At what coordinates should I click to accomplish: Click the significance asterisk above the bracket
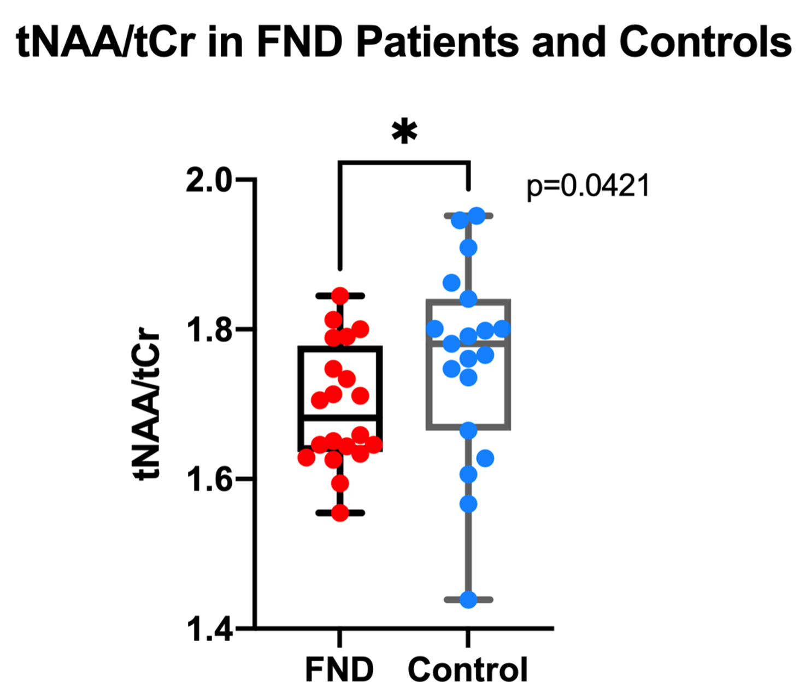(404, 133)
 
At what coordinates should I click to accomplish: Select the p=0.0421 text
(588, 186)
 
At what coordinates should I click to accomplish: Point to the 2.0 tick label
(209, 180)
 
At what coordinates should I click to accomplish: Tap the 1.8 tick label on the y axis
(209, 330)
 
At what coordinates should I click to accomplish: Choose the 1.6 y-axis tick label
(209, 479)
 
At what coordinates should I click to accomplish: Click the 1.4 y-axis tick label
(209, 629)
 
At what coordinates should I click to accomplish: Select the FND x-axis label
(339, 669)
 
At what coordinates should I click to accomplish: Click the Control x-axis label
(468, 669)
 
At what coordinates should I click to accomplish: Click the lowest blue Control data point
(468, 600)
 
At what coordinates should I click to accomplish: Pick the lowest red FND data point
(340, 513)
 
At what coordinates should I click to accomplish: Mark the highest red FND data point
(340, 296)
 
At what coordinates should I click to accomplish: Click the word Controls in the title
(705, 42)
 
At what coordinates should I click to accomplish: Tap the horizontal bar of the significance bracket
(404, 162)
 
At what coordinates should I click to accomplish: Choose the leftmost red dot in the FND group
(307, 457)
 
